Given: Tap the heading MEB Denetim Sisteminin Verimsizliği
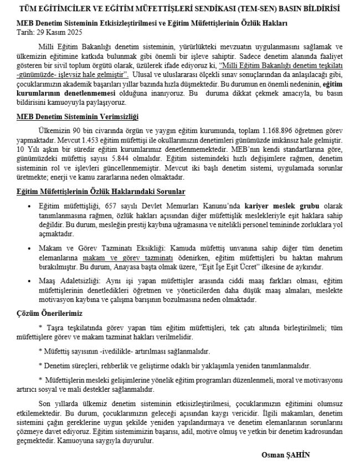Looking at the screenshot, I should (77, 131).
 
